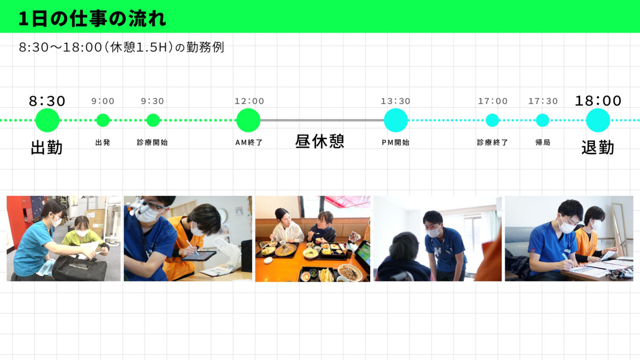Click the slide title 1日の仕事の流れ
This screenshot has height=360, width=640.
pos(92,19)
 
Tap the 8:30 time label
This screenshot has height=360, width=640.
pos(47,101)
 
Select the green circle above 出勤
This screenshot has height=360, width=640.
pos(47,121)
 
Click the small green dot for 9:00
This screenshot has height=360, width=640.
pos(103,121)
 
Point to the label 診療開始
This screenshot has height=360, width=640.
pos(153,142)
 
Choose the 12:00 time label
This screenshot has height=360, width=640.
pos(249,101)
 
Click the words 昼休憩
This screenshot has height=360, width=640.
pos(319,141)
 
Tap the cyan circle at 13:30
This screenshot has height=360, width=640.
pos(396,121)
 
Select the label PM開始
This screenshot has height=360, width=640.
pos(396,142)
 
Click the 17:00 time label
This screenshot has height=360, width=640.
pos(493,101)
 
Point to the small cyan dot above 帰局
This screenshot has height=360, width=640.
pos(542,121)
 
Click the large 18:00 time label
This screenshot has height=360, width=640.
pos(598,101)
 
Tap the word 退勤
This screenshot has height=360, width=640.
pos(598,148)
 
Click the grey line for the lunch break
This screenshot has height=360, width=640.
pos(322,121)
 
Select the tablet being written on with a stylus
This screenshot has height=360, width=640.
pos(198,255)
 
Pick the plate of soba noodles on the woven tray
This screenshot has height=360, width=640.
pos(286,250)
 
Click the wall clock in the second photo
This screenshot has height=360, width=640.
pos(222,216)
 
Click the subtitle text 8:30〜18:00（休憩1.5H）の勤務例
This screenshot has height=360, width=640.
pos(122,47)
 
